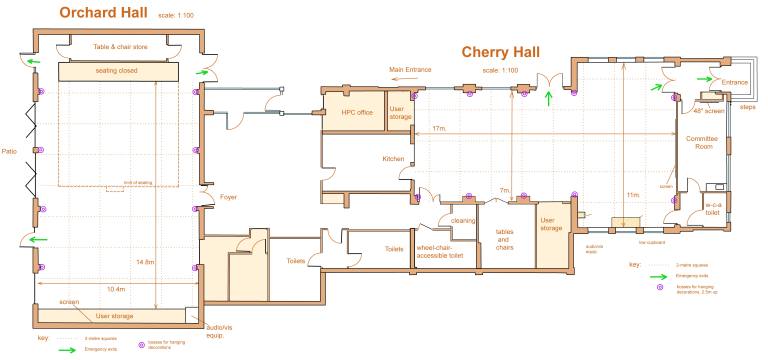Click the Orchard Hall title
tap(104, 13)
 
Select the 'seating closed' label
tap(126, 72)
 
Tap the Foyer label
tap(228, 197)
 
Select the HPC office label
tap(357, 112)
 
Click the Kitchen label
tap(393, 159)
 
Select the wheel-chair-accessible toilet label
tap(440, 250)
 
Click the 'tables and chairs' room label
tap(505, 241)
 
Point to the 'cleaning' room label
tap(462, 220)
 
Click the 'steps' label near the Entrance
tap(746, 105)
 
